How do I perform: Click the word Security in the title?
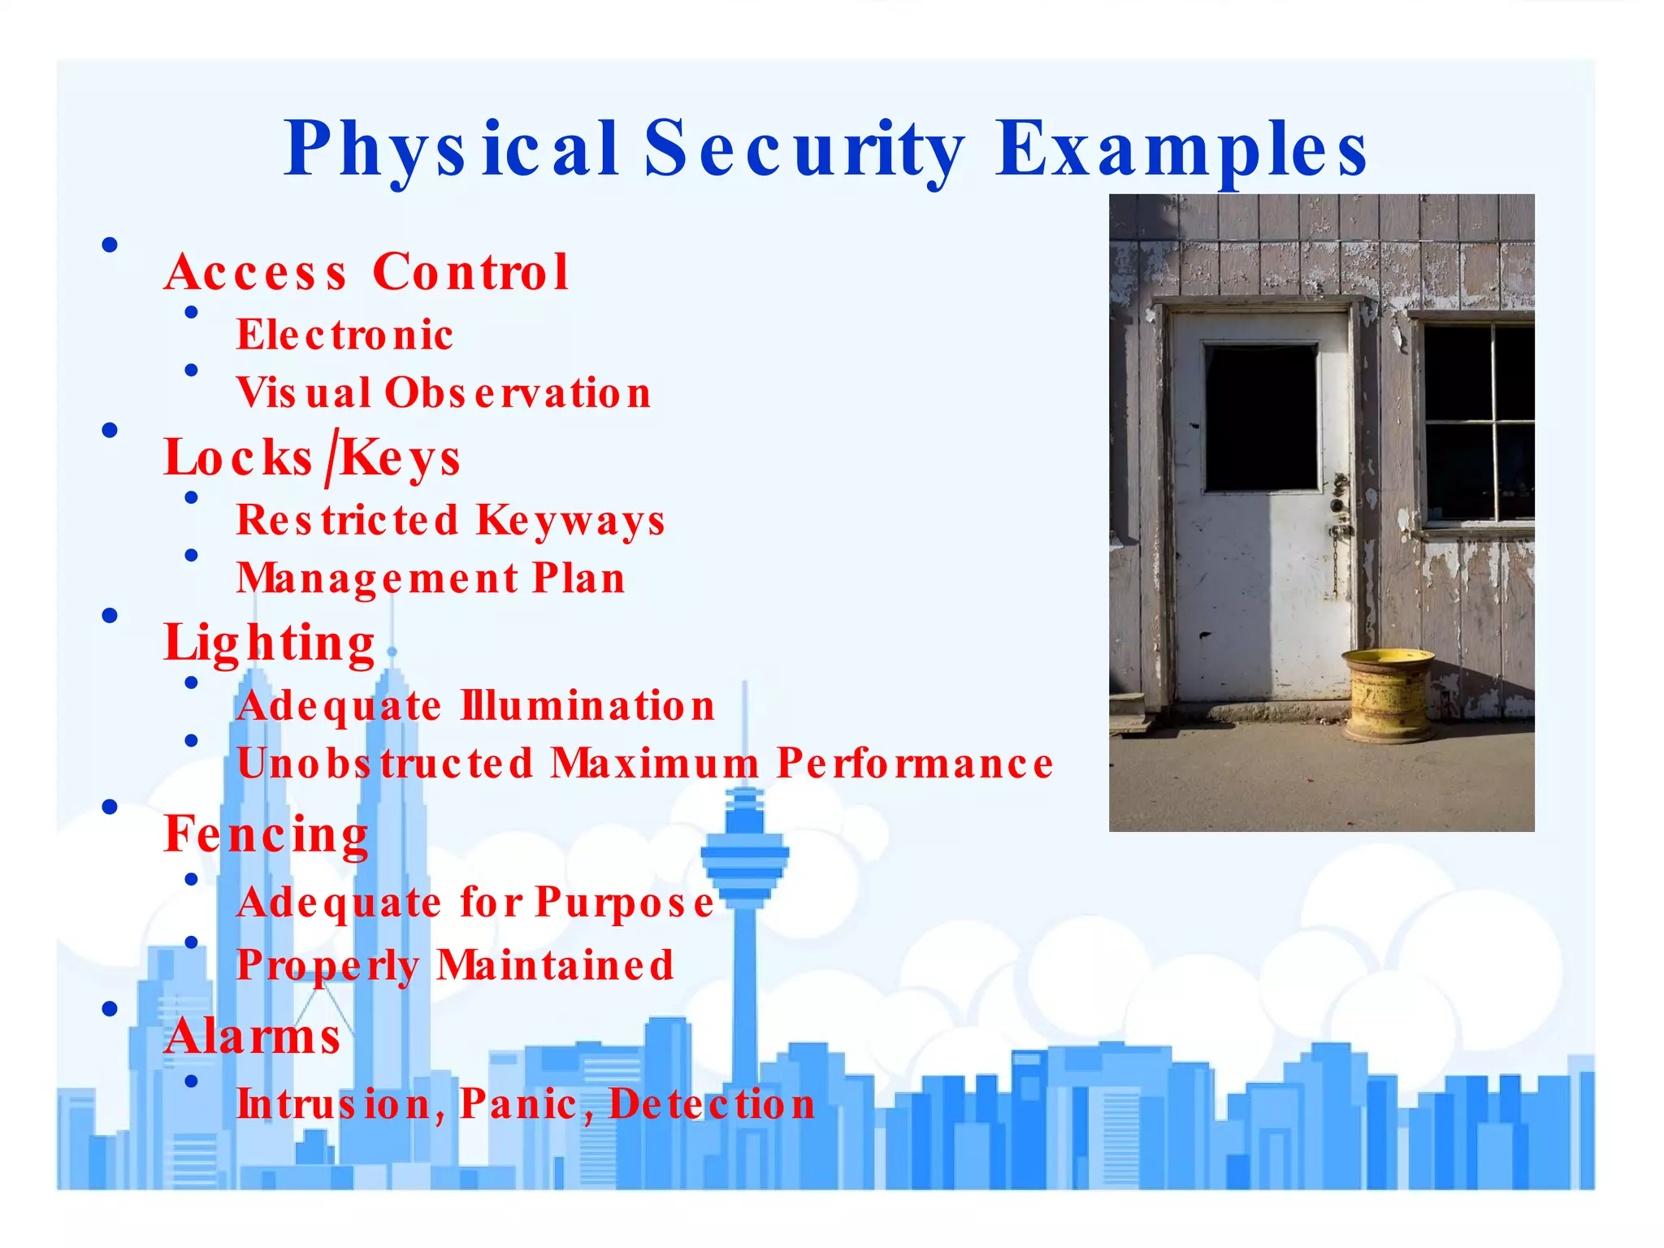(x=804, y=149)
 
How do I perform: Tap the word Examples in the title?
(x=1182, y=149)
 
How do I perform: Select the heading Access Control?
(x=366, y=271)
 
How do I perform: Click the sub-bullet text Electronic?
(x=344, y=335)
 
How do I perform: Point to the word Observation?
(x=518, y=393)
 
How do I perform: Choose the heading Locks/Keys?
(x=312, y=457)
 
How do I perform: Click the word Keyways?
(x=570, y=521)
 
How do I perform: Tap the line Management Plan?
(x=431, y=578)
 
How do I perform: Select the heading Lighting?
(x=269, y=643)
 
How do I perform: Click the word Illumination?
(x=587, y=705)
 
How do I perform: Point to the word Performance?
(x=915, y=764)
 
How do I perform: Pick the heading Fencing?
(x=266, y=834)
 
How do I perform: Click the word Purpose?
(x=625, y=903)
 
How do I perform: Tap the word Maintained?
(x=555, y=965)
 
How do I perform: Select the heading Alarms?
(x=253, y=1037)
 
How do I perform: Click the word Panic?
(x=518, y=1104)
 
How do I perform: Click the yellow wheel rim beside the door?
(x=1388, y=695)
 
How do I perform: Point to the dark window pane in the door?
(x=1260, y=417)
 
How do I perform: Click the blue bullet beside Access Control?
(x=110, y=245)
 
